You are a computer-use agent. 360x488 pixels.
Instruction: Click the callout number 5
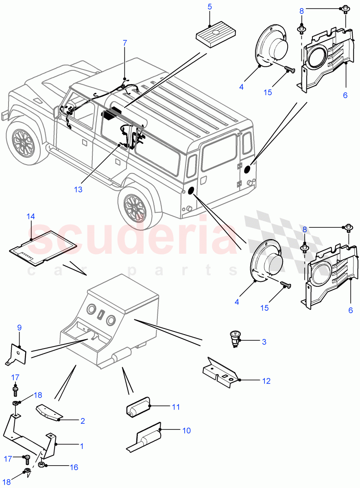[x=209, y=7]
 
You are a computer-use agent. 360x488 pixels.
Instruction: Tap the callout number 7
[x=125, y=42]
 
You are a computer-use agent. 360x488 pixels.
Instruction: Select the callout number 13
[x=78, y=189]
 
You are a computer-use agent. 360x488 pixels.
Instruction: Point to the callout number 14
[x=31, y=216]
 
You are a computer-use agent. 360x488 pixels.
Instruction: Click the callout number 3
[x=264, y=342]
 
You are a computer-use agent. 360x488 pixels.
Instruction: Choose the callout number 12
[x=266, y=381]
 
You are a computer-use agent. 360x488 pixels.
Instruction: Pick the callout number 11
[x=175, y=407]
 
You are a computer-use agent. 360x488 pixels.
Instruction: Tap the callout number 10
[x=186, y=430]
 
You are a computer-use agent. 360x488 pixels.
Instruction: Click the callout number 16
[x=74, y=468]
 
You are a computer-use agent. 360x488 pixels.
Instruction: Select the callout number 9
[x=19, y=327]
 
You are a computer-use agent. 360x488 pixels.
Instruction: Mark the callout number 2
[x=82, y=421]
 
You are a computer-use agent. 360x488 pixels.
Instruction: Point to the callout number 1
[x=81, y=446]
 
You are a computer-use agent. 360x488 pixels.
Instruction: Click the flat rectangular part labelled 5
[x=214, y=34]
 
